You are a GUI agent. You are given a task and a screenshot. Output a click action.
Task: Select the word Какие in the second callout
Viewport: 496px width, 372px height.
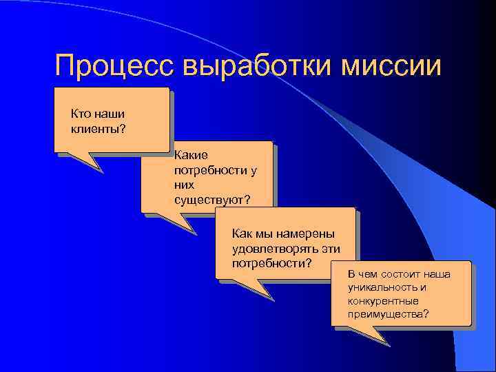coord(191,156)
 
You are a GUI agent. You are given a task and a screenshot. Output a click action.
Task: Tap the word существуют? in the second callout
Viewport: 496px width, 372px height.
coord(213,200)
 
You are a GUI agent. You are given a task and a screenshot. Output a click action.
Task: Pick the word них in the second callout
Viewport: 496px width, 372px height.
coord(185,185)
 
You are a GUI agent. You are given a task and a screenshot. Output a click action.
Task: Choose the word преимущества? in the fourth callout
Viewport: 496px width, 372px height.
coord(389,315)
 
